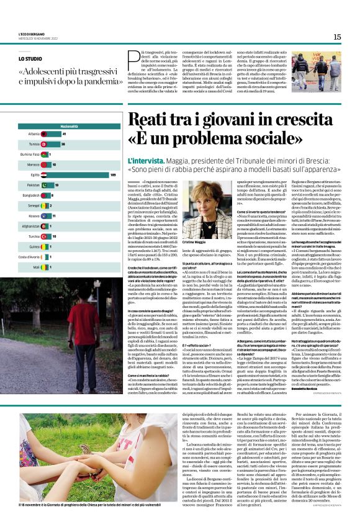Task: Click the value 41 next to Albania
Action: [65, 133]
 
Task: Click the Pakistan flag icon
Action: [45, 185]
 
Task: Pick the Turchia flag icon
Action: [45, 236]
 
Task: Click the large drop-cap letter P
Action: [133, 60]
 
